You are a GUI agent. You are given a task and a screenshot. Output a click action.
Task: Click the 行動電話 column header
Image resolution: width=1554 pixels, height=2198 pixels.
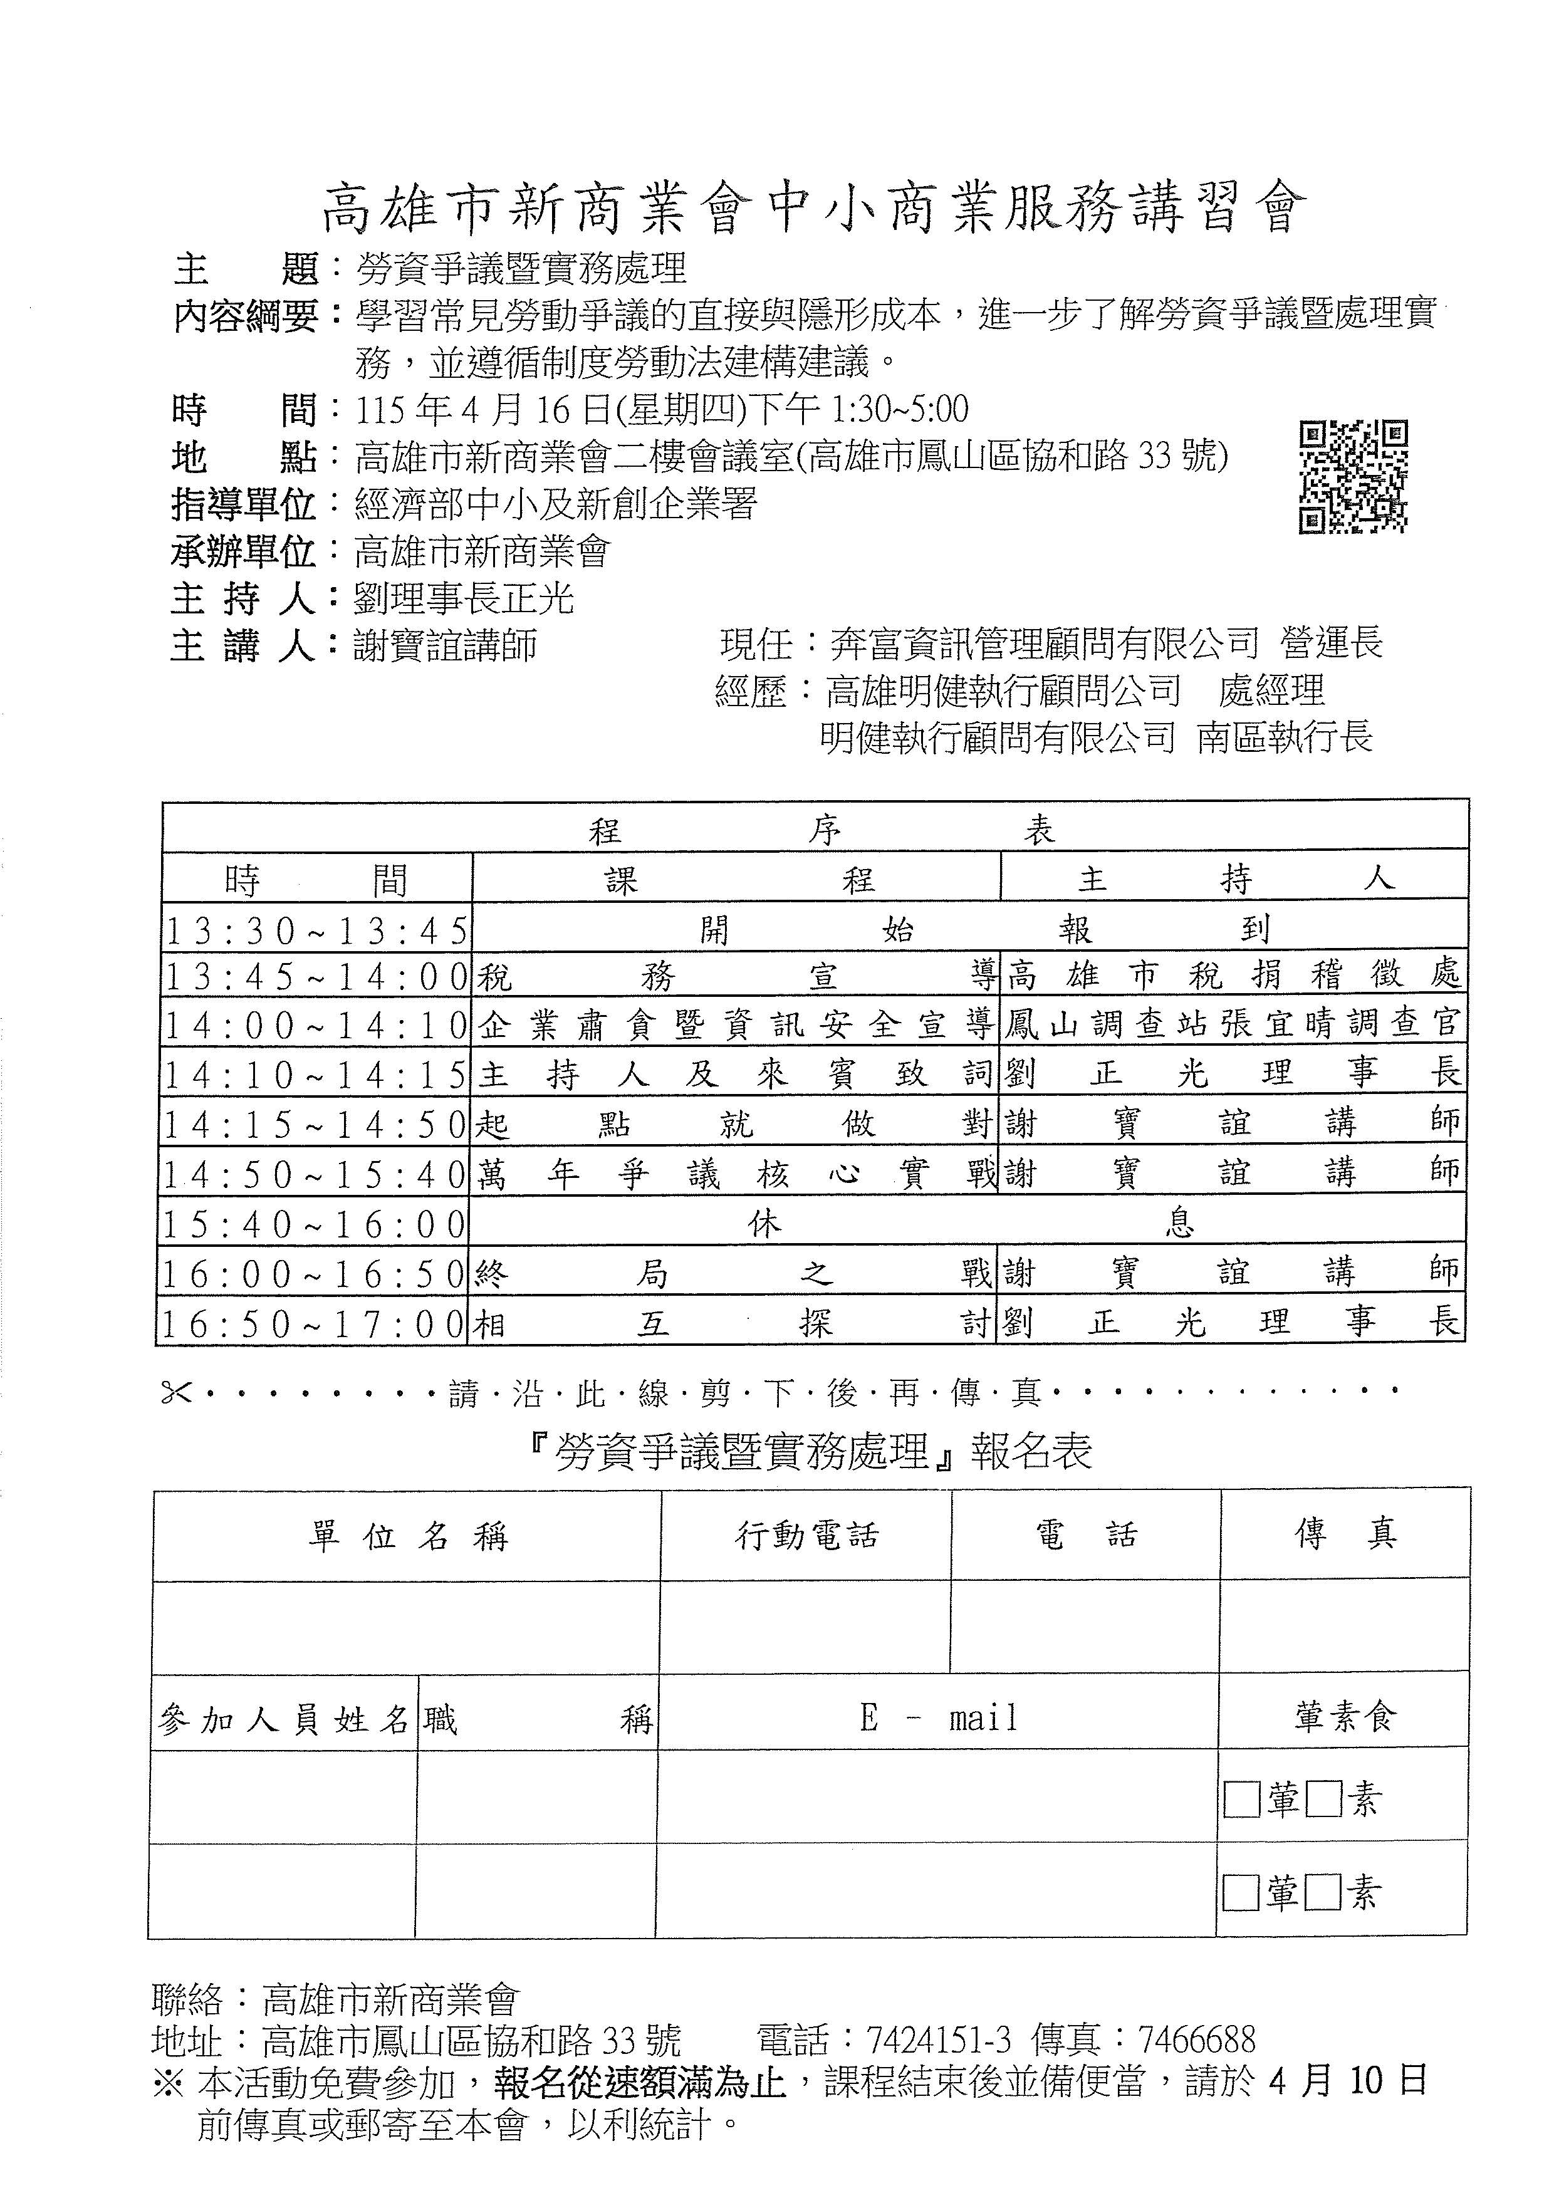pyautogui.click(x=806, y=1536)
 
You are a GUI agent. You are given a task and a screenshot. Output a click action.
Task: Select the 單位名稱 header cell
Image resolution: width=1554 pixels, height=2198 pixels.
pyautogui.click(x=407, y=1536)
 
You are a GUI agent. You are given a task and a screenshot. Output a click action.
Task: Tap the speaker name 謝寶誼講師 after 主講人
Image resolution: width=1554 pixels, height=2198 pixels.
pyautogui.click(x=446, y=645)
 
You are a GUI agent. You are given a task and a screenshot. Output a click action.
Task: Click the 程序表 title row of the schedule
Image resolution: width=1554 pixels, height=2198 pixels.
pyautogui.click(x=815, y=829)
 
